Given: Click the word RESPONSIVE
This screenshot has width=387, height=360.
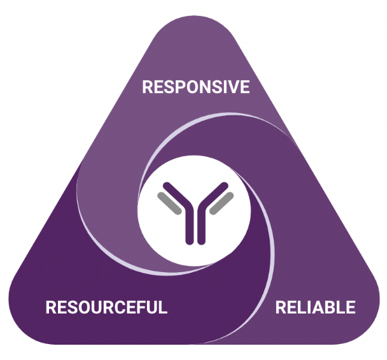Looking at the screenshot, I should point(195,87).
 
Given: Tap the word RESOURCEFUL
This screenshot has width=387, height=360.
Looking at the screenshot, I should point(106,308).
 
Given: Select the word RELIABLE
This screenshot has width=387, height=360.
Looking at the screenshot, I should point(315,308).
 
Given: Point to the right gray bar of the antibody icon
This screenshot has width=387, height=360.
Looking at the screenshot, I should point(223,203).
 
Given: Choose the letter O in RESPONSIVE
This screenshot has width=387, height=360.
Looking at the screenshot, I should point(186,87).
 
